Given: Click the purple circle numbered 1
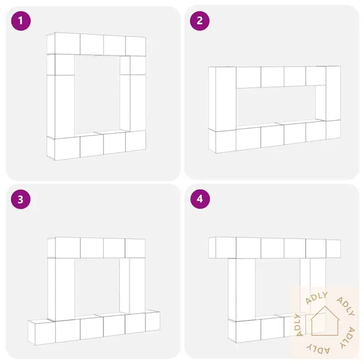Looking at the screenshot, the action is (x=21, y=21).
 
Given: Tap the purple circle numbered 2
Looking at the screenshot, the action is (x=200, y=21).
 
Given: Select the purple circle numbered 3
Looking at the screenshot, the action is (x=21, y=199).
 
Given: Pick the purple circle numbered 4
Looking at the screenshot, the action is (x=200, y=199).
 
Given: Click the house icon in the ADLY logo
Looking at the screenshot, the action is (x=324, y=321).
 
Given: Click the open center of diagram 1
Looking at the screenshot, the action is (x=97, y=94).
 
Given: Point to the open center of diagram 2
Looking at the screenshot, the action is (x=276, y=106).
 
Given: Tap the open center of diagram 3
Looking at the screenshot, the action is (x=97, y=287).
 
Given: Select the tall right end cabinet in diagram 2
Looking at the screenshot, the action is (x=333, y=93).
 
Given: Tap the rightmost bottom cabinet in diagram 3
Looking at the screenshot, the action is (x=152, y=322).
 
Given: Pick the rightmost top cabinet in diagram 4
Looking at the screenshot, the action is (x=333, y=249).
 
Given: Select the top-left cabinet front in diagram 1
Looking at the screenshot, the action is (x=67, y=43).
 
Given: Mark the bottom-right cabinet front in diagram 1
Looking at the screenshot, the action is (x=136, y=141).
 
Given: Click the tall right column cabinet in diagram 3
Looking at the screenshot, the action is (x=137, y=286).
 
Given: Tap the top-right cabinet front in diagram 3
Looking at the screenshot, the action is (x=135, y=248).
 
